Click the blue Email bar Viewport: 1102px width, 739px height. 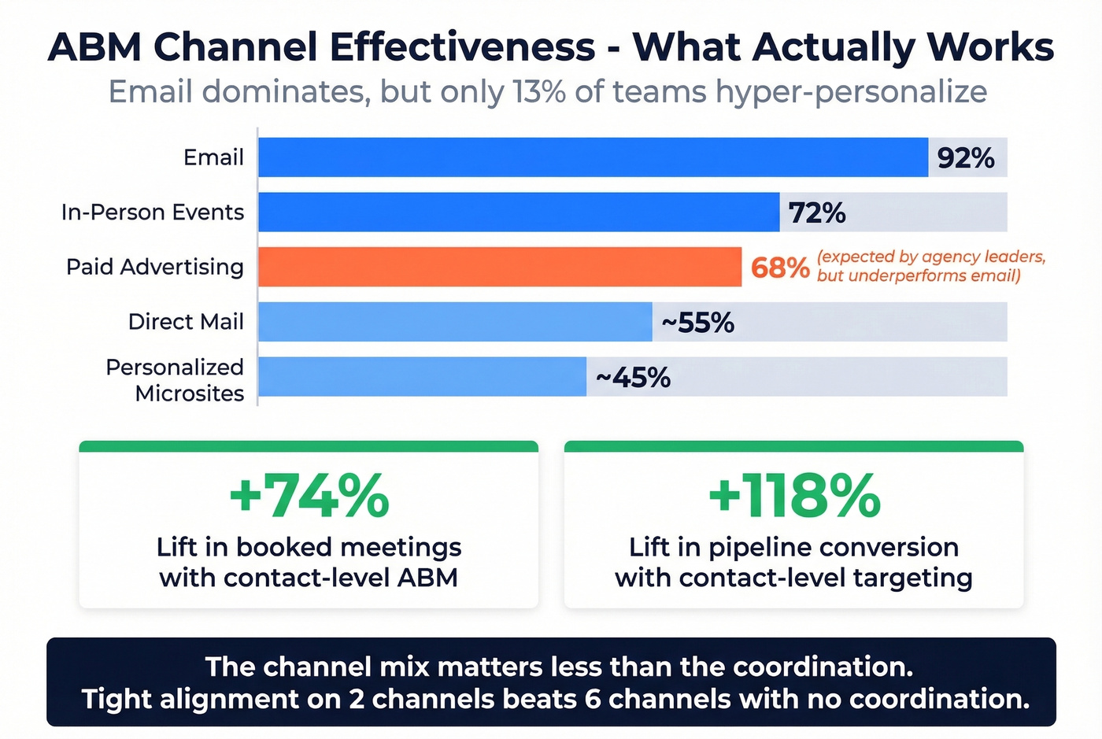point(593,157)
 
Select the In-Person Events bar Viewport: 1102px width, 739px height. point(519,212)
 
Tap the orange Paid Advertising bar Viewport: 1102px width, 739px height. point(500,267)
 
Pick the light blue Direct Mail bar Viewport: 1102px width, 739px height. point(455,322)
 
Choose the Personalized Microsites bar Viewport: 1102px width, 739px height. point(422,377)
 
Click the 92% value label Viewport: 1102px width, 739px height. point(966,158)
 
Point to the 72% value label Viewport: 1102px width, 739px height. point(817,212)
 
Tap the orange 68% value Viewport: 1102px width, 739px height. point(779,268)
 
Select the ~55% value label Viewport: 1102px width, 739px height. point(697,323)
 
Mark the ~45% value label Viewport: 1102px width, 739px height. point(633,378)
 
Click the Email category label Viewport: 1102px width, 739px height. point(213,157)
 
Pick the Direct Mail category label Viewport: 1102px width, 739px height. point(186,322)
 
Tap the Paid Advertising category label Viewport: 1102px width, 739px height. point(155,267)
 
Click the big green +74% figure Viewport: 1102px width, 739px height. point(309,496)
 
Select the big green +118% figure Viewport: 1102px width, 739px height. point(793,496)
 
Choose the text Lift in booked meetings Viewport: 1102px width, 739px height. point(309,547)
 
